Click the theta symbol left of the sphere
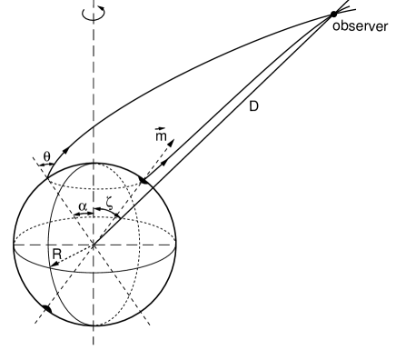(46, 155)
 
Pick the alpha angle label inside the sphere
(82, 207)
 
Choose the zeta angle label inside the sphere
(109, 207)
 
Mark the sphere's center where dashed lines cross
(93, 245)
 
